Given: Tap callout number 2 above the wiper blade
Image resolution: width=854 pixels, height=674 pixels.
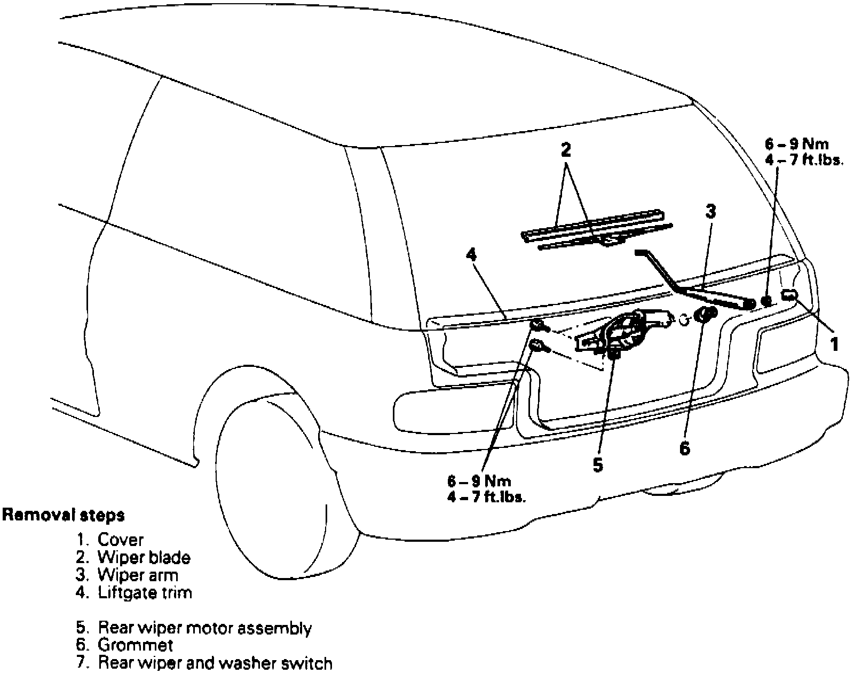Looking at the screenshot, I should point(566,150).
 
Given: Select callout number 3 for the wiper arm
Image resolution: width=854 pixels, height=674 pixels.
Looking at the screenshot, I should point(710,212).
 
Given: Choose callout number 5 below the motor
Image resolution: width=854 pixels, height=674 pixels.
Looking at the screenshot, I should point(598,464).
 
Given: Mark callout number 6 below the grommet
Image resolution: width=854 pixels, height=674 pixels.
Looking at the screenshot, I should point(684,448).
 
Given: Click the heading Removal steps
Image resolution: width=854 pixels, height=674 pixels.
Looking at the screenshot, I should point(64,515).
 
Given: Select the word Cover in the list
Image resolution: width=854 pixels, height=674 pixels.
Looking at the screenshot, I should point(121,540).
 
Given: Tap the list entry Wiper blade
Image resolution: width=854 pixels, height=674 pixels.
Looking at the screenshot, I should point(144,558).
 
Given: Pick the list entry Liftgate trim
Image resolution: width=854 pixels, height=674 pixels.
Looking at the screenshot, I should point(145,592).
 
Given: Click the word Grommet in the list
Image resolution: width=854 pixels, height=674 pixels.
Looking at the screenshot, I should point(136,645).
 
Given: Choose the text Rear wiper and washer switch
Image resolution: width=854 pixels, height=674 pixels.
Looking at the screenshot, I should point(215,663).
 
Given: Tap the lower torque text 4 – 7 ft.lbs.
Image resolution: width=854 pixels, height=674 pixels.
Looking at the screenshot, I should point(487,498).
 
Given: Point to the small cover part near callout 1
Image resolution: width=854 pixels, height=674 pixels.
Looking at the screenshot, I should point(790,295).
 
